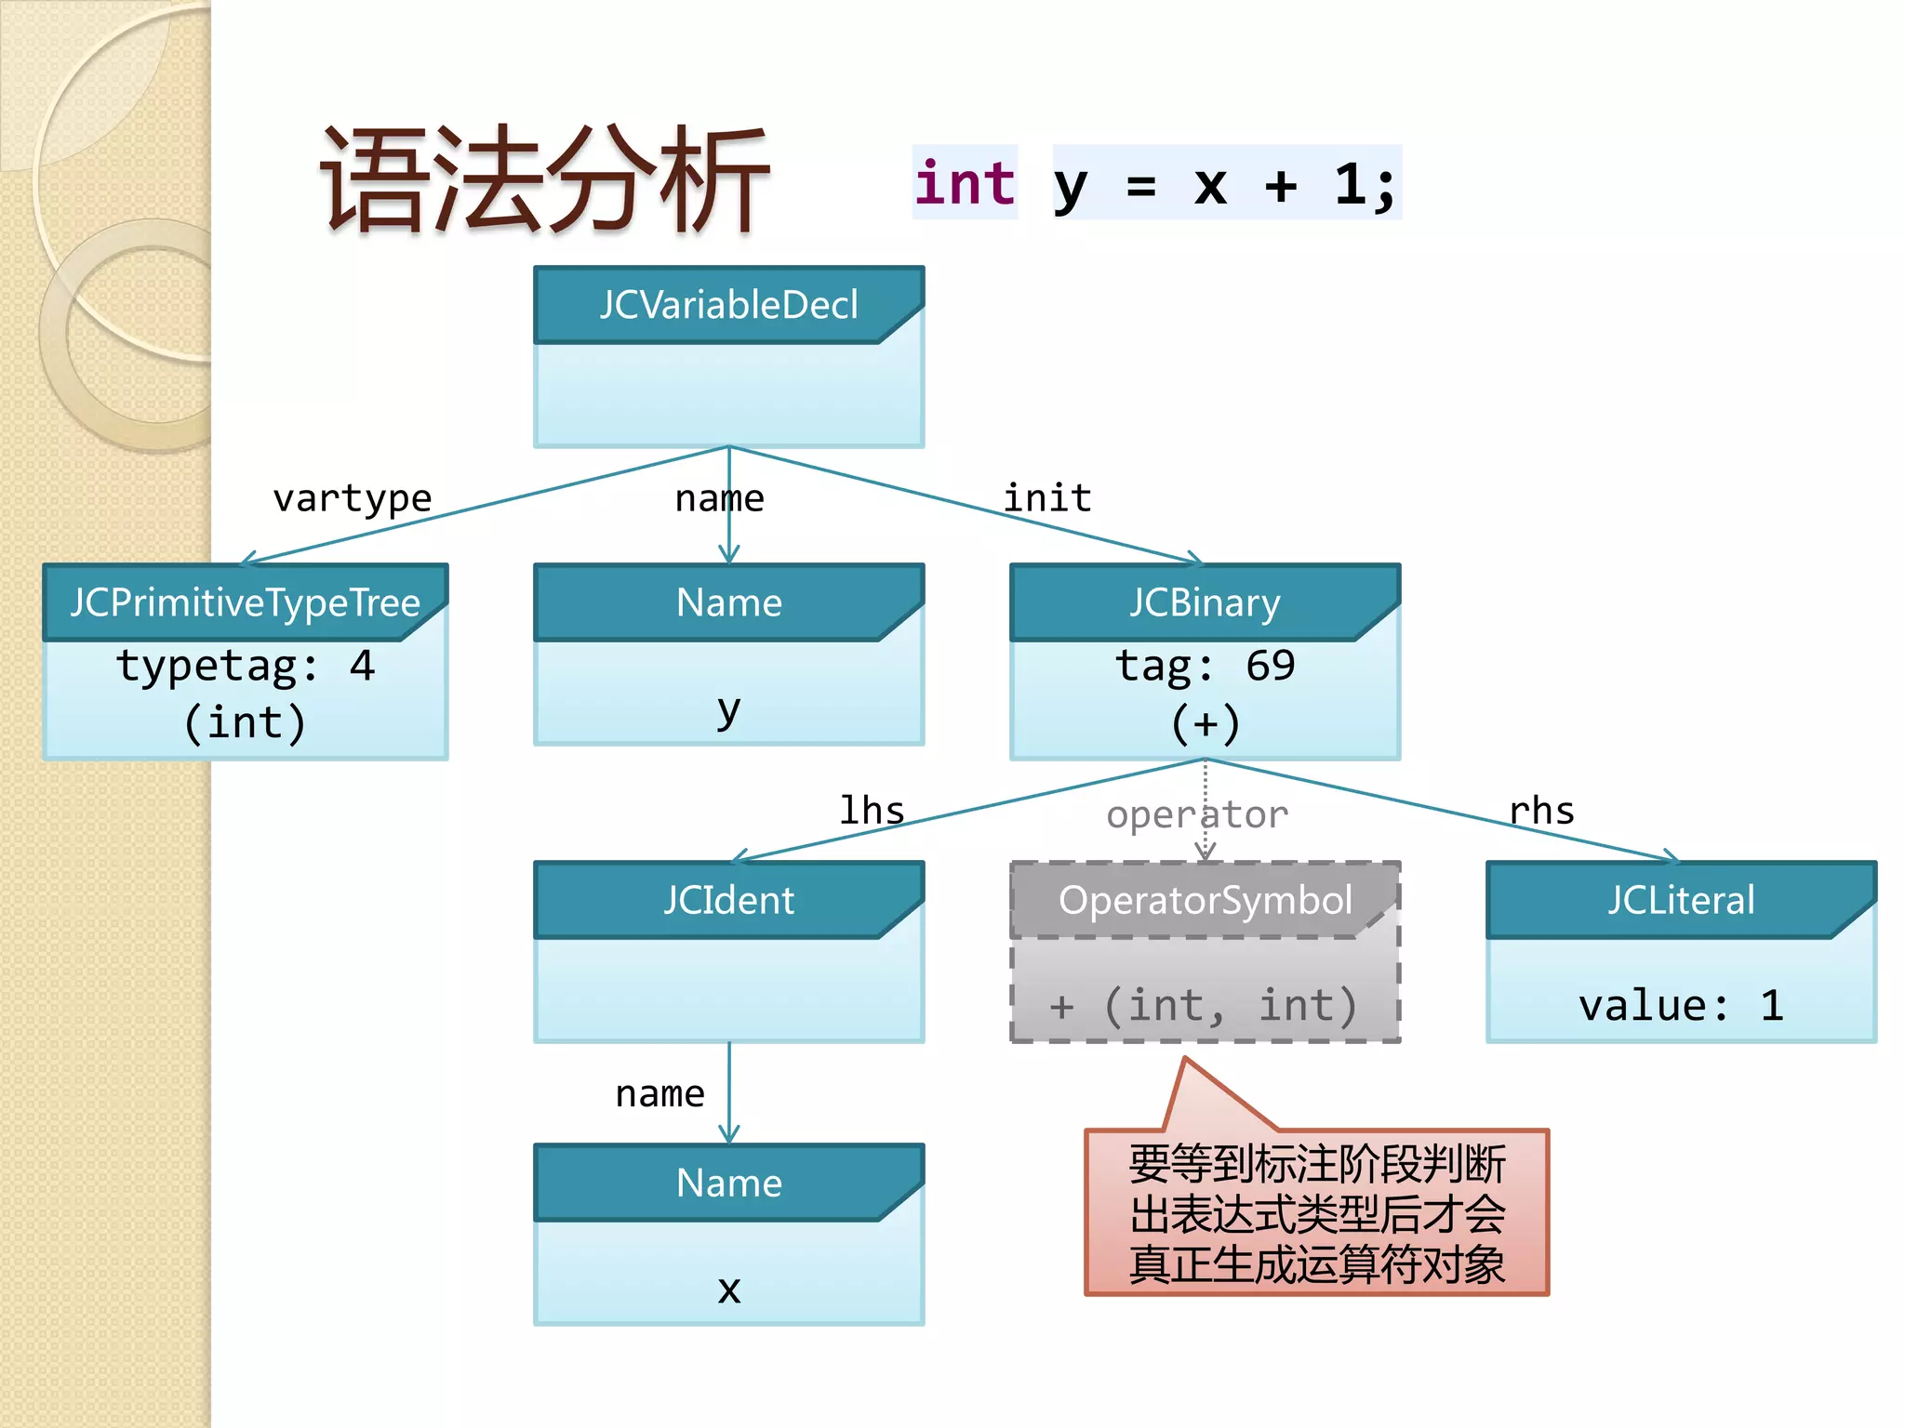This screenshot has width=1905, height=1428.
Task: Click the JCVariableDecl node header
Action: point(728,305)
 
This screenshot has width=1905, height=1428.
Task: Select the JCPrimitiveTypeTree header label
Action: point(246,602)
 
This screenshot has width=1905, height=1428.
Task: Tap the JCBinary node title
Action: point(1205,602)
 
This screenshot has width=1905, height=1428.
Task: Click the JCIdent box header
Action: point(728,900)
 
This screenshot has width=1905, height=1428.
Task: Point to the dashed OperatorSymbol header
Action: point(1205,900)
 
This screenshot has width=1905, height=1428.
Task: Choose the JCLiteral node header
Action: point(1681,900)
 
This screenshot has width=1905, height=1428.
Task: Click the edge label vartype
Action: point(352,499)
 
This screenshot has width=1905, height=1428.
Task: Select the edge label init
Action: point(1046,498)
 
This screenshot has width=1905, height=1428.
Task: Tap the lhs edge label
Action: point(872,811)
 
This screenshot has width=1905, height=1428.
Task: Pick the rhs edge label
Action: point(1541,812)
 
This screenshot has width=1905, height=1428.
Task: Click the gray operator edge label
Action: point(1196,815)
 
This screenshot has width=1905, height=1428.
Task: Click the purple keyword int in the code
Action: point(965,183)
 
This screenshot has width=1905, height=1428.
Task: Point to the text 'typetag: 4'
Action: point(246,666)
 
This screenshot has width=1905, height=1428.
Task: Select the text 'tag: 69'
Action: point(1205,666)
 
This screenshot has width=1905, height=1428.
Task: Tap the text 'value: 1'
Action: point(1681,1006)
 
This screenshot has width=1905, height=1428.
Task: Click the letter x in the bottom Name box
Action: point(728,1289)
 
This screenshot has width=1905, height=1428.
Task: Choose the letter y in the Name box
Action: point(728,710)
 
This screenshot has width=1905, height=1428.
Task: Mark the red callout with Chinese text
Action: point(1316,1213)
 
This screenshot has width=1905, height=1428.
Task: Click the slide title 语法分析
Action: point(545,181)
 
